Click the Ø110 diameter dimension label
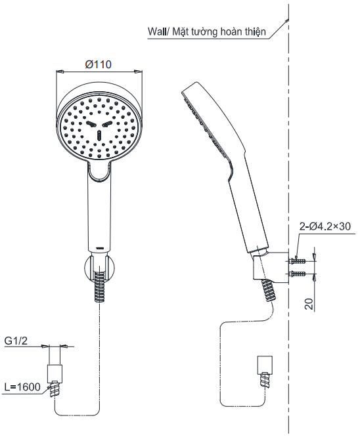coord(99,64)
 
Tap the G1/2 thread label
coord(16,341)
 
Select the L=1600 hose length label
coord(22,387)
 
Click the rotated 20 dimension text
coord(309,304)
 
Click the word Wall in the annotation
coord(157,31)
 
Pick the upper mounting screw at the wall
coord(297,261)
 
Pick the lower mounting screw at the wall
coord(297,273)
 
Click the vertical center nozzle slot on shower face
coord(99,135)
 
